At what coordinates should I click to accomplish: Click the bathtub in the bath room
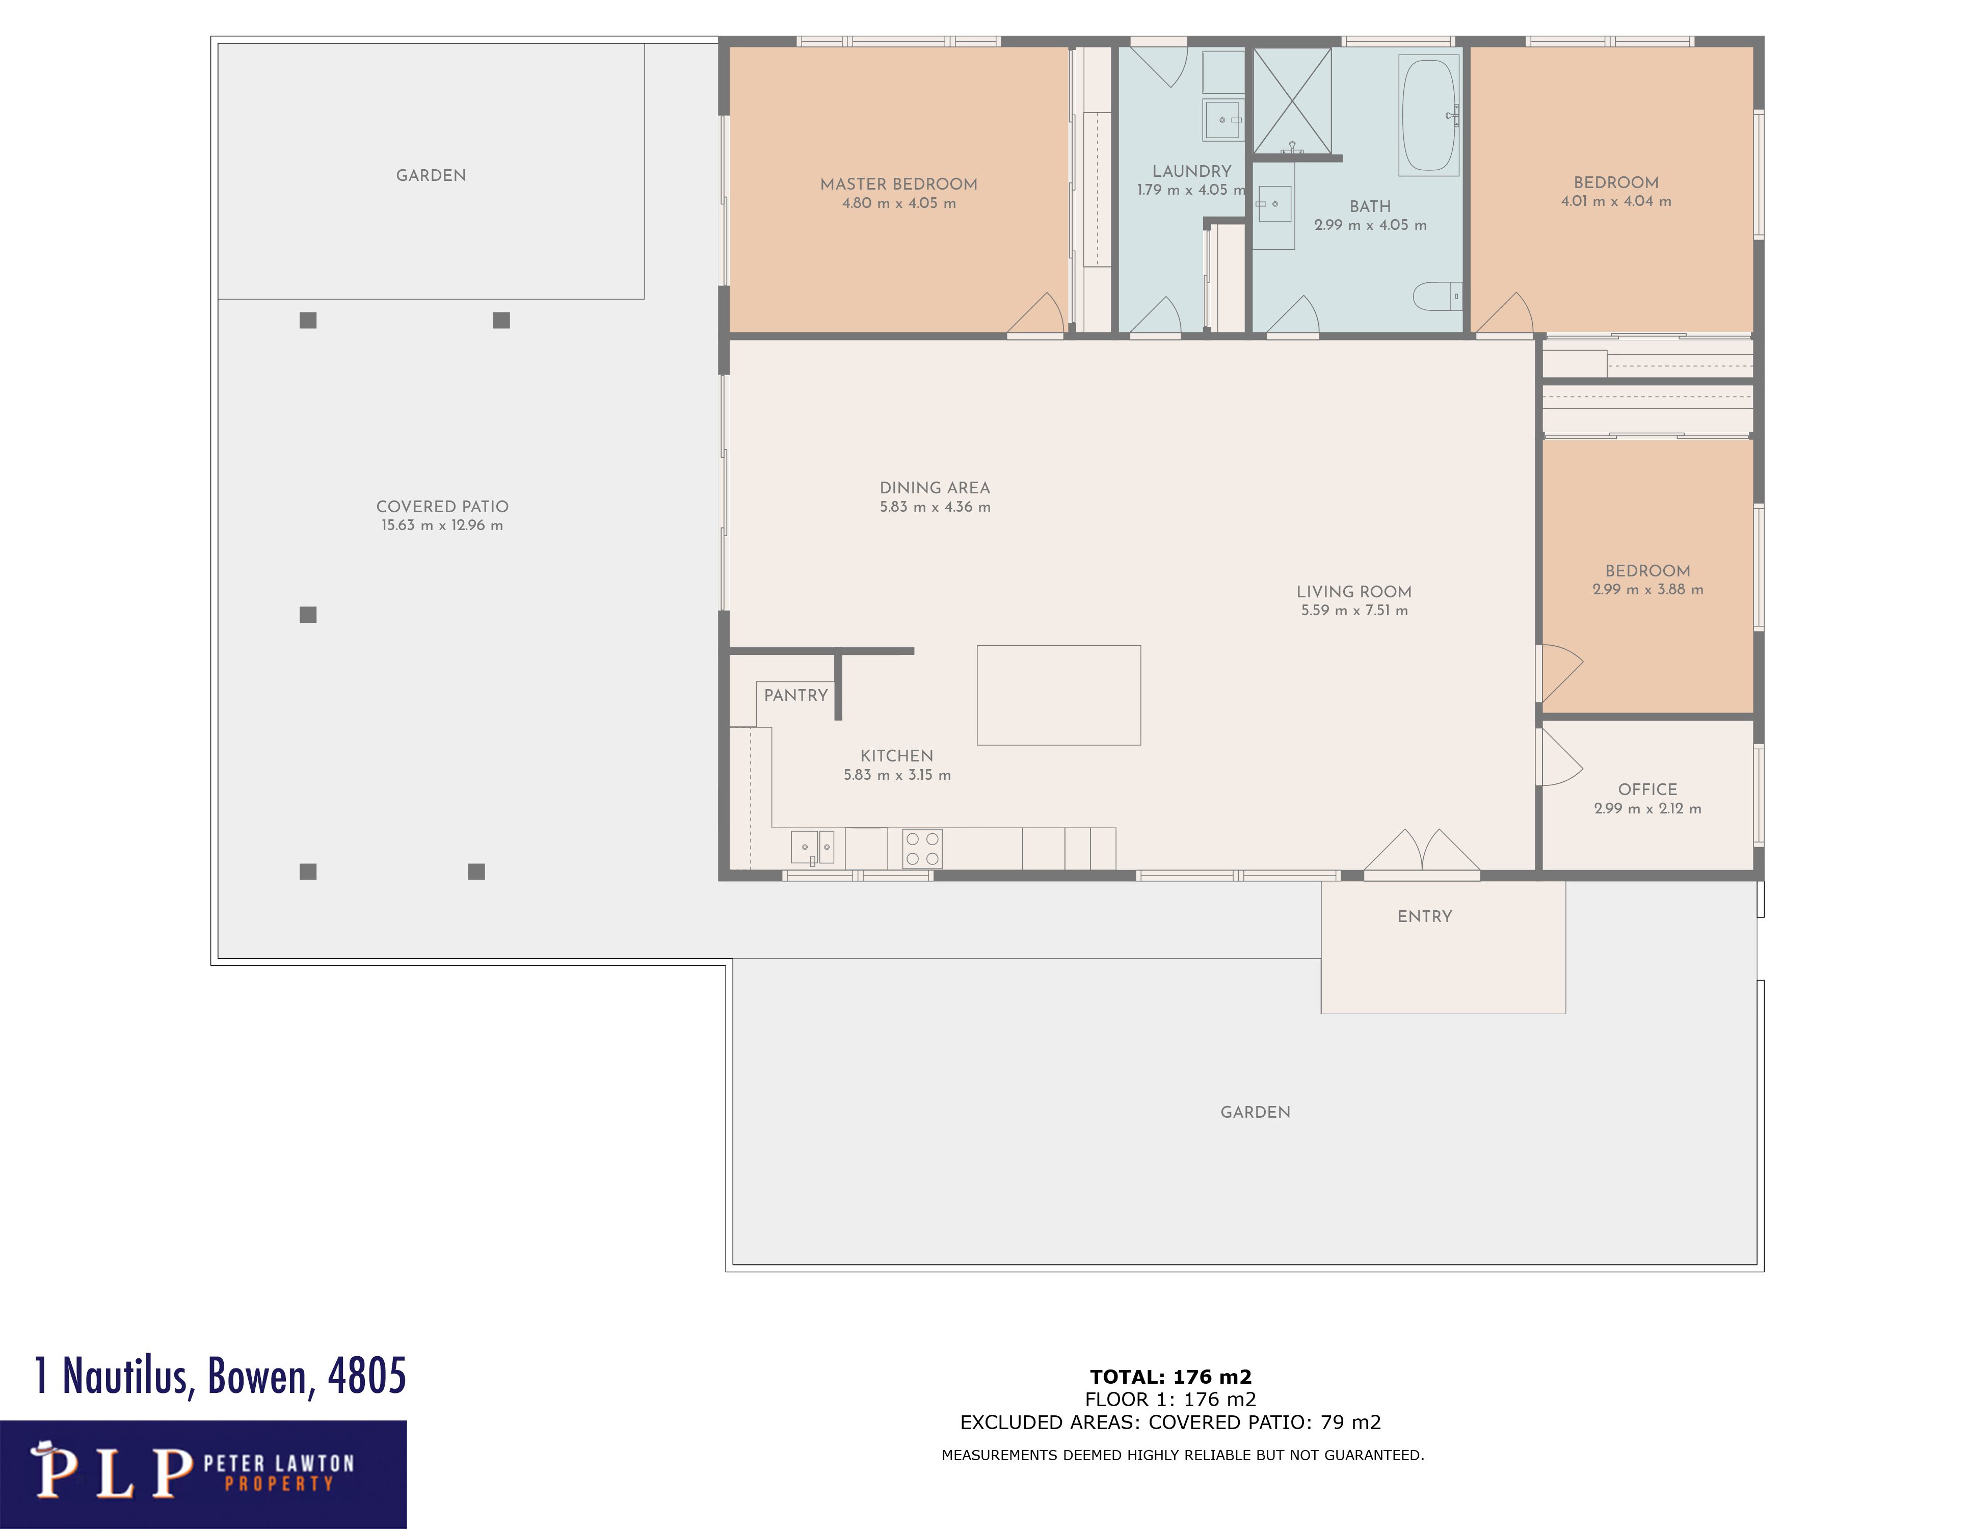(x=1429, y=116)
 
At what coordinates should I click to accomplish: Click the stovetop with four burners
(x=922, y=849)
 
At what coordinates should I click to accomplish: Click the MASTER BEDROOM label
(x=898, y=184)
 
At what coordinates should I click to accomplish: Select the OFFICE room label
(x=1647, y=789)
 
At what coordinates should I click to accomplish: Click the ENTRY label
(x=1424, y=916)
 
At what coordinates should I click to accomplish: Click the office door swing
(x=1560, y=758)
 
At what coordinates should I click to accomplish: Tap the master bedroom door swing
(x=1037, y=314)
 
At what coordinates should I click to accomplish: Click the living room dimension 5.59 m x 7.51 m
(x=1354, y=611)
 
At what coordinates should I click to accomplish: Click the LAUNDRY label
(x=1191, y=171)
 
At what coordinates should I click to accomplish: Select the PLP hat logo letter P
(x=54, y=1471)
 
